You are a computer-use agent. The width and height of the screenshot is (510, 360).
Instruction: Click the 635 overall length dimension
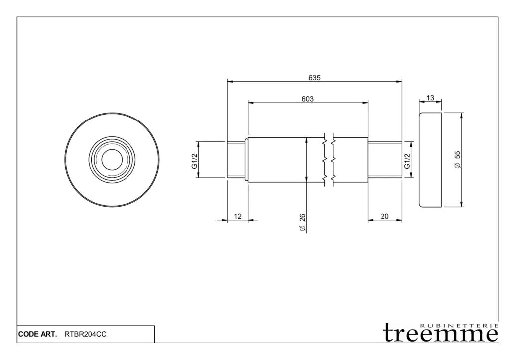click(x=315, y=78)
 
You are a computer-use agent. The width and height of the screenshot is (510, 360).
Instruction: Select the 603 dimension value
click(x=308, y=99)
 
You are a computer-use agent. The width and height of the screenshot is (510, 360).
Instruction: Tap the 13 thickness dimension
click(x=430, y=98)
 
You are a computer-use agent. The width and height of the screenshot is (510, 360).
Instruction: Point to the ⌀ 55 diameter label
click(x=457, y=160)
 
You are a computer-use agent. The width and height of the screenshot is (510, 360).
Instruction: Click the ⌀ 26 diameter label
click(x=302, y=222)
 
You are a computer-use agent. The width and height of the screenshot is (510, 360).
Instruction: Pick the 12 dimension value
click(x=238, y=216)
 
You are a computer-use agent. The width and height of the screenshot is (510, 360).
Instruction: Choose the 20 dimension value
click(x=385, y=216)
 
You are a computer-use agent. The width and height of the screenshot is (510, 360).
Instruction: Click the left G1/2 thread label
click(x=195, y=161)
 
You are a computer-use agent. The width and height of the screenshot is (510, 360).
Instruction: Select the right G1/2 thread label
click(x=407, y=161)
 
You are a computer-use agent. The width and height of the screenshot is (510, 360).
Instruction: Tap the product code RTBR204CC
click(x=85, y=334)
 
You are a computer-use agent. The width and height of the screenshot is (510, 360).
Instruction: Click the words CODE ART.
click(x=37, y=334)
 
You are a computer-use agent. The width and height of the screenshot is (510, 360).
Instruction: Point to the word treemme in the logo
click(x=441, y=333)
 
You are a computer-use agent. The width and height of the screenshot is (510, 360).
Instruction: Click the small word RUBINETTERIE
click(x=459, y=325)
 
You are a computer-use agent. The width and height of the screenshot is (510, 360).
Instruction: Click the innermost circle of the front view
click(x=112, y=149)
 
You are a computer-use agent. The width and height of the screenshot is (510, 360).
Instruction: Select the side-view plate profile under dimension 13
click(x=419, y=160)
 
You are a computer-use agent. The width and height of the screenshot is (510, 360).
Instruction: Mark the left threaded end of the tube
click(x=236, y=160)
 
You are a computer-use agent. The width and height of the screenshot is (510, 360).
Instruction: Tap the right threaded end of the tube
click(x=385, y=160)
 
